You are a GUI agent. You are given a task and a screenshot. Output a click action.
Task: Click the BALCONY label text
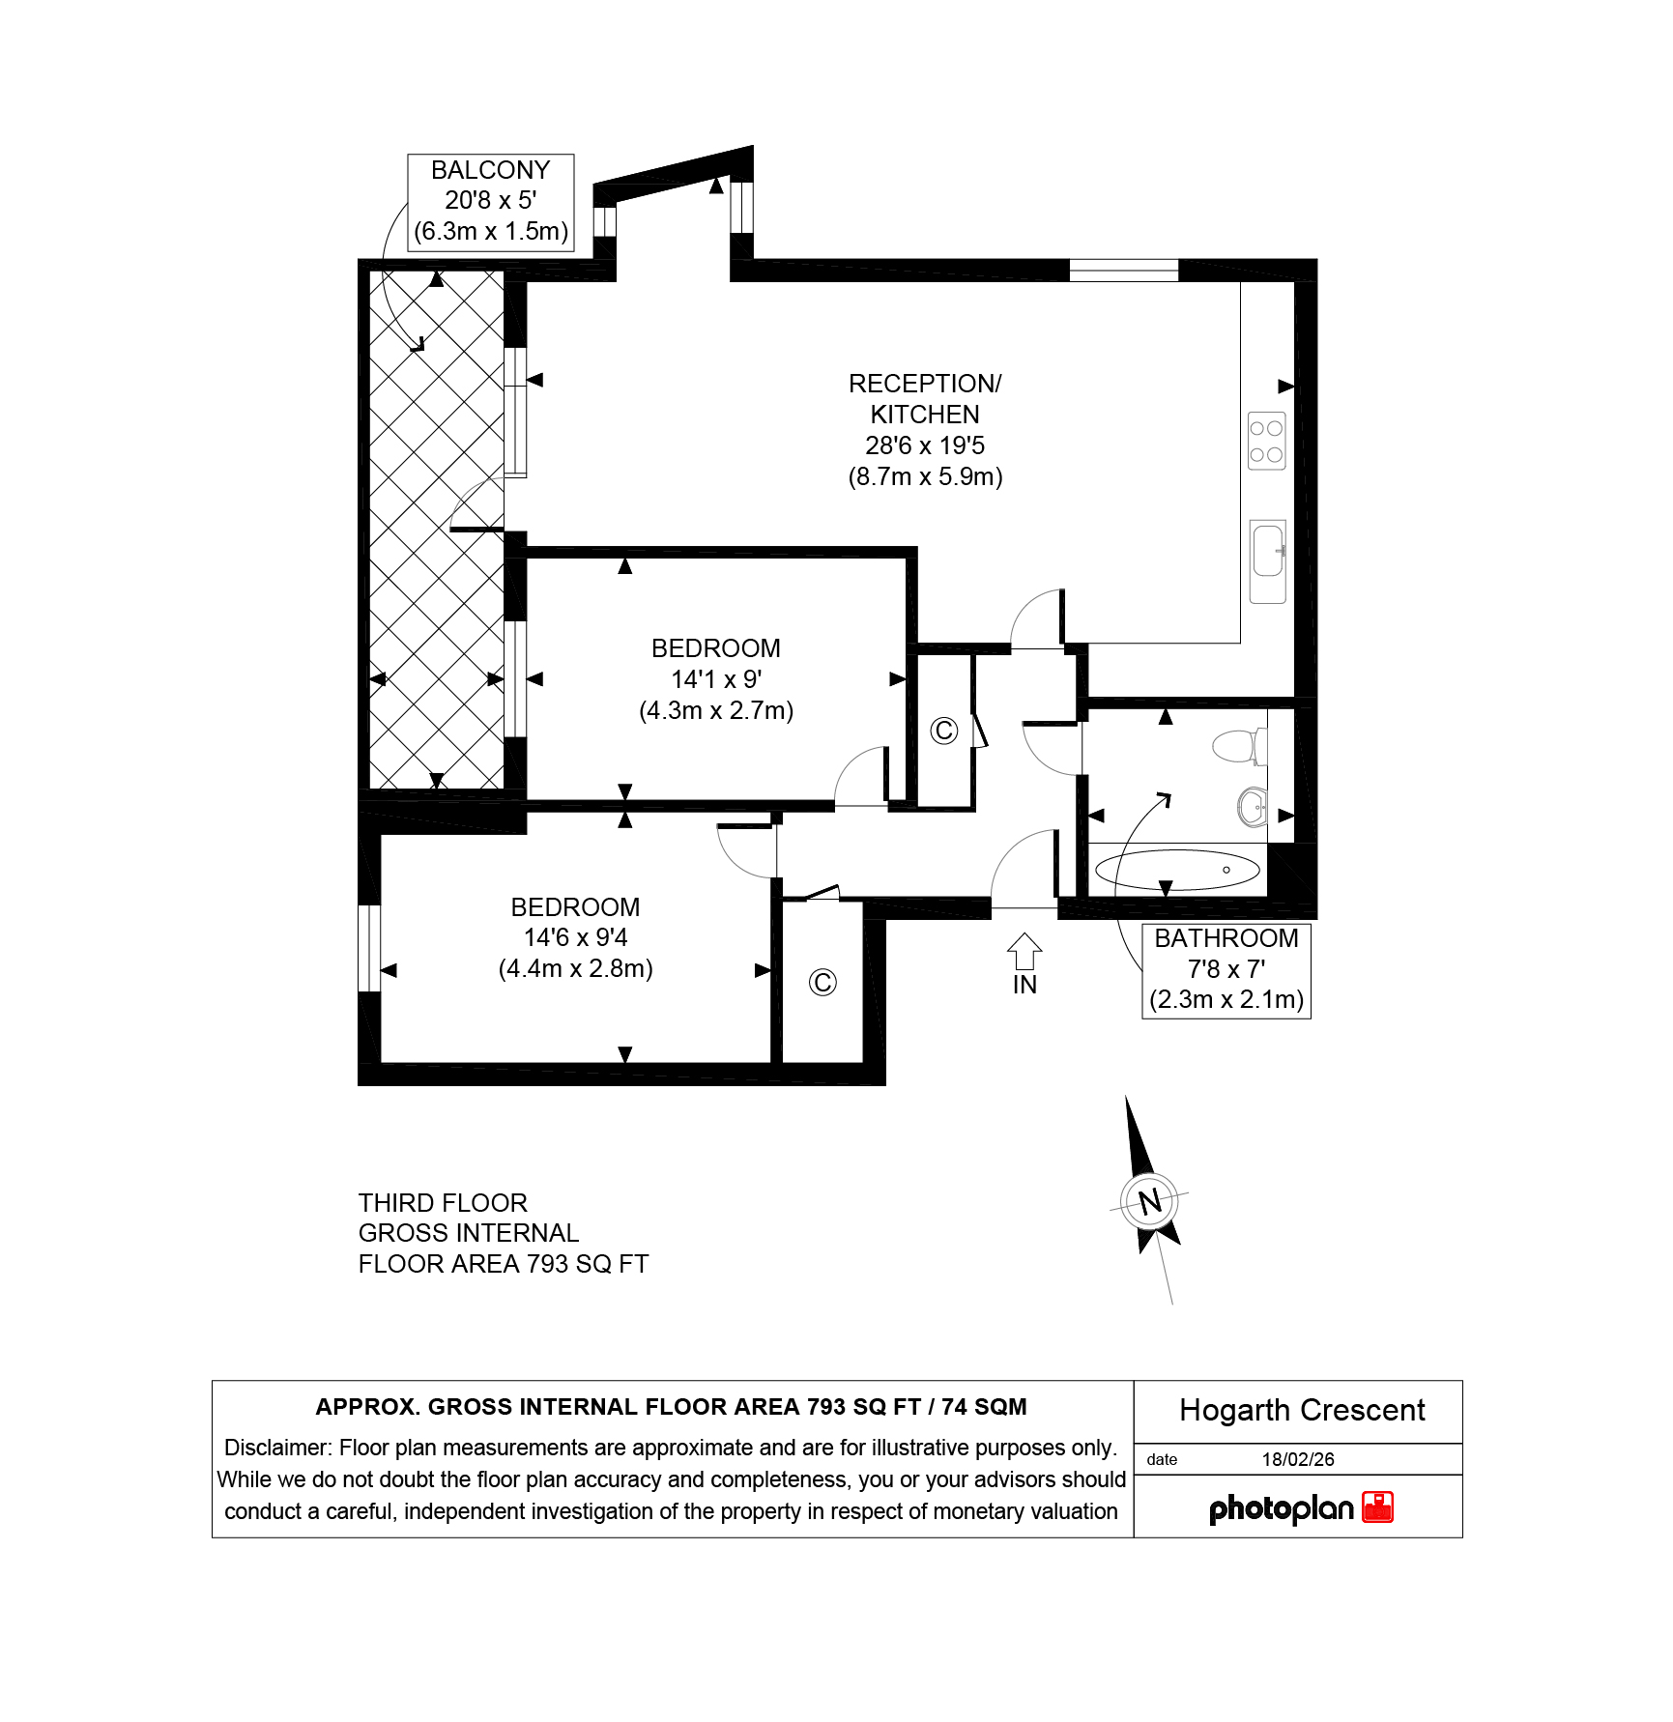pyautogui.click(x=490, y=170)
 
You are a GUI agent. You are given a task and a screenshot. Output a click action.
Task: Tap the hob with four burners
pyautogui.click(x=1266, y=442)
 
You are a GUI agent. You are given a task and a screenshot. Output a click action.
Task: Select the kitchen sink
pyautogui.click(x=1268, y=561)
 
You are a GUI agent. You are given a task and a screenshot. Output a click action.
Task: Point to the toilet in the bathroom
pyautogui.click(x=1239, y=746)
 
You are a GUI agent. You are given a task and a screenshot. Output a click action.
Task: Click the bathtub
pyautogui.click(x=1177, y=870)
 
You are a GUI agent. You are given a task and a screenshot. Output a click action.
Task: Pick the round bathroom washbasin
pyautogui.click(x=1253, y=807)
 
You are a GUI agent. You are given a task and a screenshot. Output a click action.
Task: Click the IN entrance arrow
pyautogui.click(x=1024, y=951)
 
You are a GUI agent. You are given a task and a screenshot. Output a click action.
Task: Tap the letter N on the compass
pyautogui.click(x=1149, y=1201)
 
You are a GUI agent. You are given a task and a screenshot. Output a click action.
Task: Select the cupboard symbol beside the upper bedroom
pyautogui.click(x=943, y=731)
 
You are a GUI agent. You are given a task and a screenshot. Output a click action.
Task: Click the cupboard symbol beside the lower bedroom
pyautogui.click(x=822, y=983)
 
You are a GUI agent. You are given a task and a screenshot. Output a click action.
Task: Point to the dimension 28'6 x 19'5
pyautogui.click(x=925, y=445)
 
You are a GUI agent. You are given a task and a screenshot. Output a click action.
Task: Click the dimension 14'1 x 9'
pyautogui.click(x=716, y=679)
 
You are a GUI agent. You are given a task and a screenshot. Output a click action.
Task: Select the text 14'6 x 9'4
pyautogui.click(x=576, y=937)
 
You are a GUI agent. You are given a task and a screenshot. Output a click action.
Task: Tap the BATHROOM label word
pyautogui.click(x=1226, y=938)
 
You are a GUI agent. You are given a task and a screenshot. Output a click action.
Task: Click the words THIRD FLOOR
pyautogui.click(x=443, y=1203)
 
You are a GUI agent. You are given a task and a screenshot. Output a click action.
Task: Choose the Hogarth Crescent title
pyautogui.click(x=1302, y=1411)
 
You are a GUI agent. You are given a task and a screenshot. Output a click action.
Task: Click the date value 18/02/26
pyautogui.click(x=1298, y=1459)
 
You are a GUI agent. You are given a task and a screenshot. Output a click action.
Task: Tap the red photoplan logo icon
pyautogui.click(x=1377, y=1507)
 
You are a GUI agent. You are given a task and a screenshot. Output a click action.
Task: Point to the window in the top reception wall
pyautogui.click(x=1124, y=270)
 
